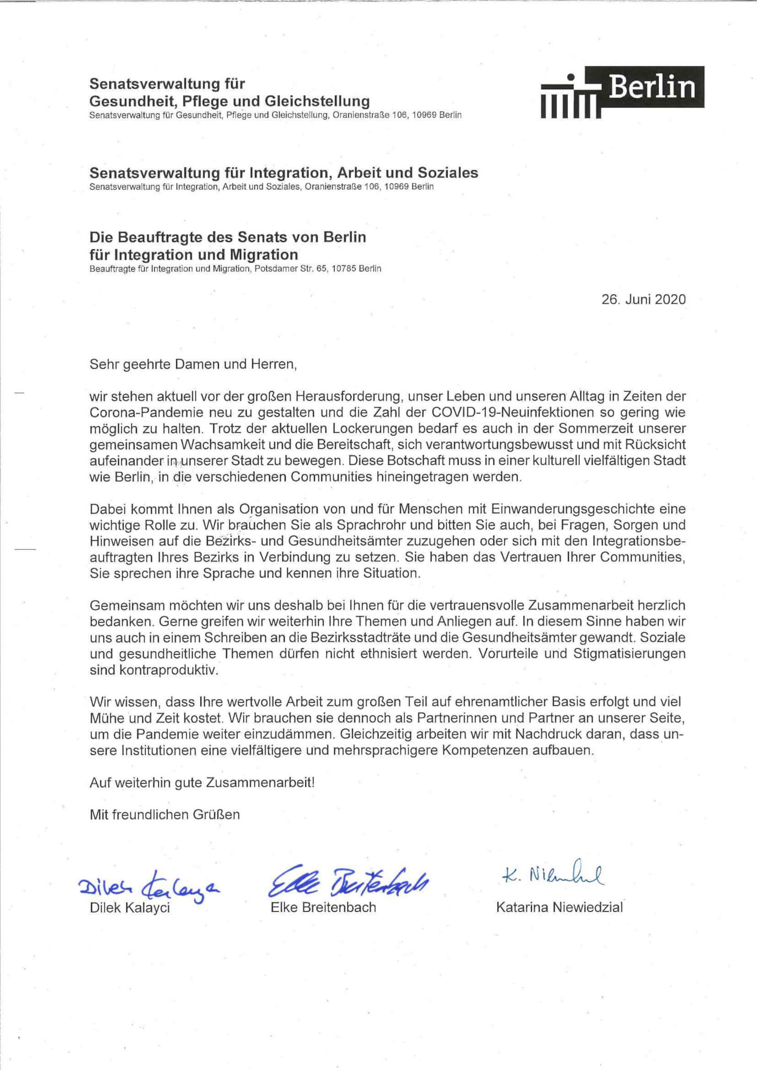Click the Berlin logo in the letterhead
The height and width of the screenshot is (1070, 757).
[622, 92]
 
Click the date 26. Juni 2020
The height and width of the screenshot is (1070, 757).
[643, 299]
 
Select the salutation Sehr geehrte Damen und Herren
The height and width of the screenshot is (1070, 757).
[193, 364]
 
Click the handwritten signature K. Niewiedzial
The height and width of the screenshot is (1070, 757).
[551, 874]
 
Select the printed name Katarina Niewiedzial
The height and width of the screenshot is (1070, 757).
[559, 908]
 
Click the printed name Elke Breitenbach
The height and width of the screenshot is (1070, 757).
[323, 908]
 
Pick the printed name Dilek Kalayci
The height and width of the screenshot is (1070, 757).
[130, 908]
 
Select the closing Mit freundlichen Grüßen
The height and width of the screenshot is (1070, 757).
[165, 815]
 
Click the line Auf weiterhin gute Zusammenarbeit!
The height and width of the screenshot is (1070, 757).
[202, 782]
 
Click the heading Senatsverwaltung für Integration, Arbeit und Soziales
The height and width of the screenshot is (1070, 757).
[284, 172]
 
